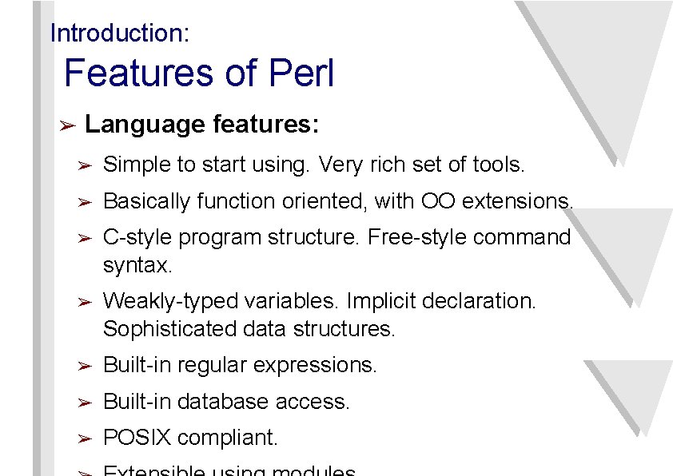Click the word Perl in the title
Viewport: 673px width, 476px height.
pyautogui.click(x=301, y=74)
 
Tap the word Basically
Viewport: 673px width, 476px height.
pyautogui.click(x=147, y=201)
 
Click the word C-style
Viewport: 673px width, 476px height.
pyautogui.click(x=137, y=238)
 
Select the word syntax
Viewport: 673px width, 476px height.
pyautogui.click(x=137, y=265)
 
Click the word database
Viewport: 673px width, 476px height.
pyautogui.click(x=223, y=402)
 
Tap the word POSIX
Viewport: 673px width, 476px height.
pyautogui.click(x=137, y=438)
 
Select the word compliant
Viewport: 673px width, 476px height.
pyautogui.click(x=228, y=438)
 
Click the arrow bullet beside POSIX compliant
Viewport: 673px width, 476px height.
pyautogui.click(x=86, y=438)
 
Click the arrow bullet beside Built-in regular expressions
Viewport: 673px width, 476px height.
pyautogui.click(x=86, y=366)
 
